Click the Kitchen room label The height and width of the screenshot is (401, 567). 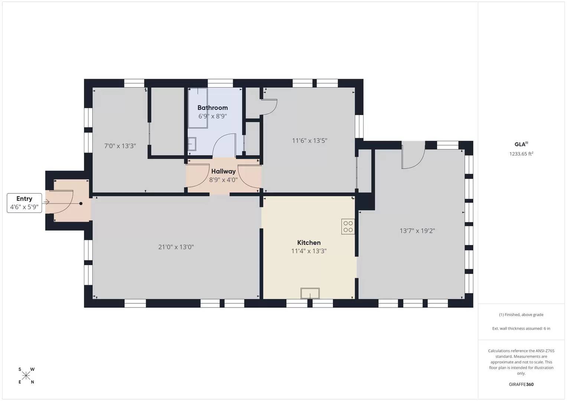point(309,243)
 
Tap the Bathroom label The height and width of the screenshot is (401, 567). point(212,108)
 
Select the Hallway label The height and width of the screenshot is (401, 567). point(223,171)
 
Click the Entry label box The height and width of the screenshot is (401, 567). point(25,203)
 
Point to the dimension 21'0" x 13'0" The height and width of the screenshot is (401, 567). point(176,247)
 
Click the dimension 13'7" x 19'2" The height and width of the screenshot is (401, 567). point(417,231)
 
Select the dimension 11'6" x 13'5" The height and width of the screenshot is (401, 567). point(309,141)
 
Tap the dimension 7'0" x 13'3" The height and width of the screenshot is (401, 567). point(120,146)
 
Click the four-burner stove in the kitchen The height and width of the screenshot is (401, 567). point(348,226)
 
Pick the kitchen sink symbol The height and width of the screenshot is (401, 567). point(310,293)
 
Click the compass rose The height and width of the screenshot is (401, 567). point(26,376)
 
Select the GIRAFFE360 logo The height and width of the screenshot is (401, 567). point(521,384)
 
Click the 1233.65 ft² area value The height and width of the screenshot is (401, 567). point(521,154)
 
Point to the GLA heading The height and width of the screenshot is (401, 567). point(521,144)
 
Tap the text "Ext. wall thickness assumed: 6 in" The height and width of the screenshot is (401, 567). point(521,328)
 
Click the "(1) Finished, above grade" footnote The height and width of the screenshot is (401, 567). point(521,314)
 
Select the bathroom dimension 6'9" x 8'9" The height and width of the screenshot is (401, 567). point(212,116)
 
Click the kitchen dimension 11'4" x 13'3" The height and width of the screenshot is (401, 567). point(309,251)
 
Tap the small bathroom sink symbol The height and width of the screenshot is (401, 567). point(192,144)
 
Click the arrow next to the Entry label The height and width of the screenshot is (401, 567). point(46,202)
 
